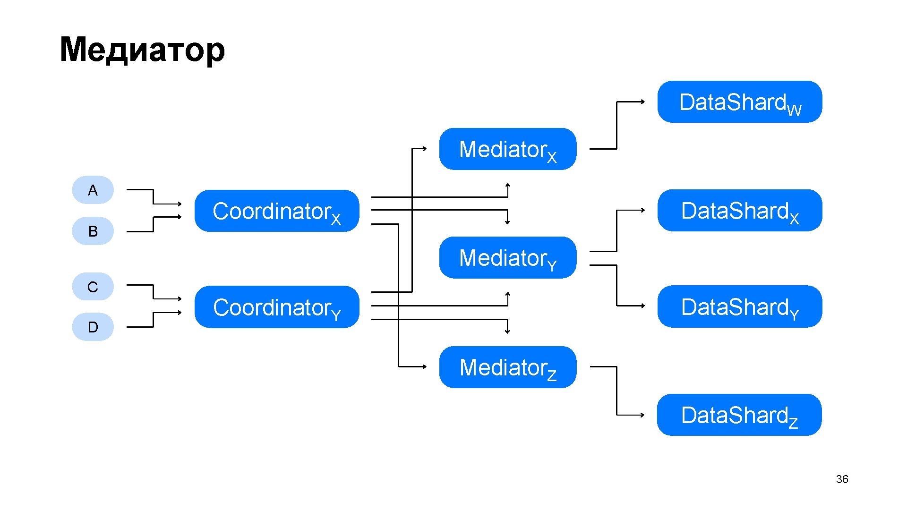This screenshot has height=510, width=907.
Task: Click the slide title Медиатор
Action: click(142, 50)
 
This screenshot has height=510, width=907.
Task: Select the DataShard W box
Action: click(739, 102)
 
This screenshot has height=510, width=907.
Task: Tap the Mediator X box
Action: click(507, 149)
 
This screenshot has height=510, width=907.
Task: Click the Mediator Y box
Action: click(507, 258)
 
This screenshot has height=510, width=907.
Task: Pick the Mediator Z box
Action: click(507, 367)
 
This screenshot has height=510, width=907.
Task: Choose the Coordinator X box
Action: click(276, 211)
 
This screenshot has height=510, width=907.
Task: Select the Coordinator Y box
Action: click(276, 307)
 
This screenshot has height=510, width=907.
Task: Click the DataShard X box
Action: click(739, 211)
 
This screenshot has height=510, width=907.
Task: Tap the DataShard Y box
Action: click(739, 306)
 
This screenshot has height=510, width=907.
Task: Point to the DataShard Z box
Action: click(739, 415)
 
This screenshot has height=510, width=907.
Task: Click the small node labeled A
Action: click(93, 190)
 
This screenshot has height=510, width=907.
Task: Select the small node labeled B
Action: click(93, 231)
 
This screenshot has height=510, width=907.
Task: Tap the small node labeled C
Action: click(93, 287)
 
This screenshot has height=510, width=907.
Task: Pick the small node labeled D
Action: click(93, 327)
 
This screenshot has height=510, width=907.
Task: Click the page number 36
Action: click(842, 479)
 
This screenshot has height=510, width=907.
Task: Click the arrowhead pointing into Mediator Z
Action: click(425, 366)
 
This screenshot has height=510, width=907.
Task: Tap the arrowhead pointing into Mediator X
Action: click(425, 148)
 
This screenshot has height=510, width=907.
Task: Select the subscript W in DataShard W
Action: click(795, 110)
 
